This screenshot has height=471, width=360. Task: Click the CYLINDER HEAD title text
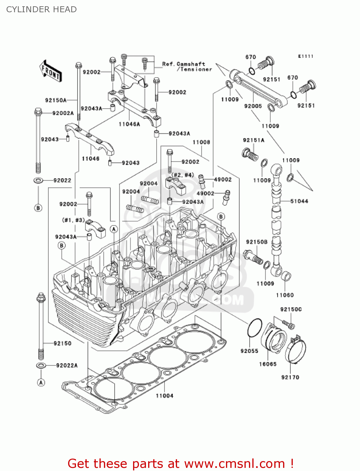tap(41, 9)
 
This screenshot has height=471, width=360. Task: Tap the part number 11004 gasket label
tap(164, 396)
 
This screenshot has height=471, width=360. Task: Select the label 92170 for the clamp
tap(290, 377)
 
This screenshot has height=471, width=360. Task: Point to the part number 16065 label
tap(268, 364)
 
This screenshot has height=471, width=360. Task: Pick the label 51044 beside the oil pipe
tap(299, 201)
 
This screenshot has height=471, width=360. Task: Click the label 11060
tap(285, 295)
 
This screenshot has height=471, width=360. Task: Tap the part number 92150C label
tap(291, 309)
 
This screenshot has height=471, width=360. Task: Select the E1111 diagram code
tap(306, 56)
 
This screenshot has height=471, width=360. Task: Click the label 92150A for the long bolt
tap(56, 100)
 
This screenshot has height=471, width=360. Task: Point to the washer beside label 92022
tap(38, 181)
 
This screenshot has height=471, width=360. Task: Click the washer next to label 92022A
tap(41, 365)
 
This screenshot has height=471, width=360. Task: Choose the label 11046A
tap(129, 124)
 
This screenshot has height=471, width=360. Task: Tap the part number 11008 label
tap(201, 142)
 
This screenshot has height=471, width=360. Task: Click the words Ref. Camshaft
tap(184, 64)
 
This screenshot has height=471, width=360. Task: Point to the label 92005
tap(253, 106)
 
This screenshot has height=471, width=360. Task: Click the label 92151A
tap(254, 140)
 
